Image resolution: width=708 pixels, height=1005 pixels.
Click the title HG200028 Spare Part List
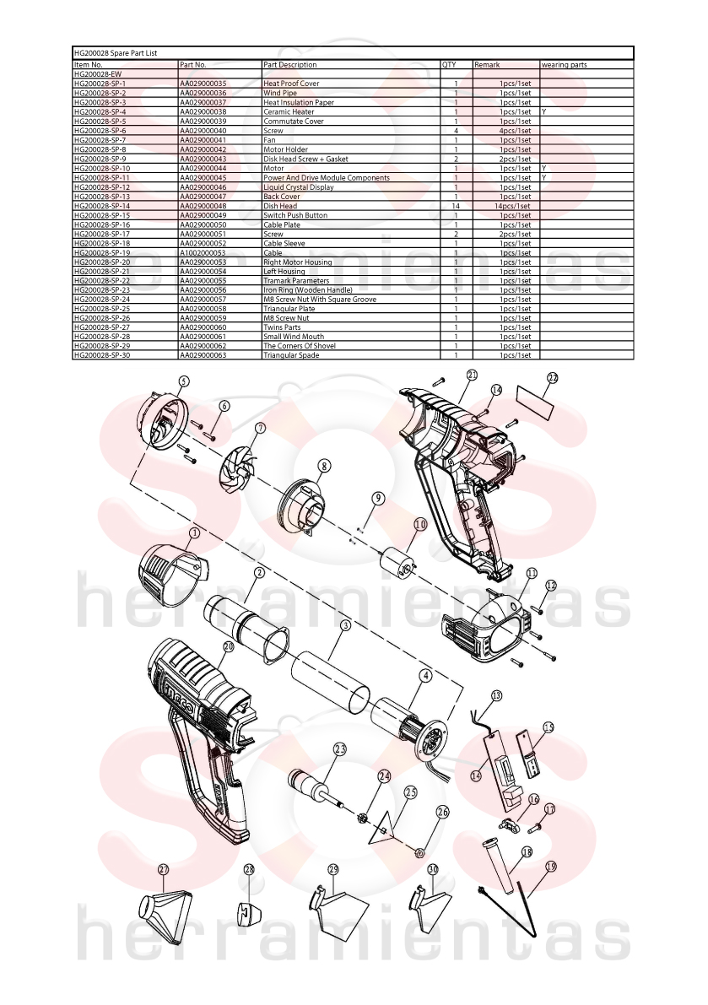coord(116,53)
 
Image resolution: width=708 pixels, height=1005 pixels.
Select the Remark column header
coord(487,65)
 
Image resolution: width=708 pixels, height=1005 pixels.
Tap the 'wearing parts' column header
coord(565,65)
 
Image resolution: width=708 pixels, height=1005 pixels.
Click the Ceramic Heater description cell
coord(289,111)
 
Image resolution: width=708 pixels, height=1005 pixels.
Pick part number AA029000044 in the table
coord(203,168)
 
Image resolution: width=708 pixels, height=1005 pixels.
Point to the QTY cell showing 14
coord(457,206)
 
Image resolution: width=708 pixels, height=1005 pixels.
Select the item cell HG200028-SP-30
coord(102,355)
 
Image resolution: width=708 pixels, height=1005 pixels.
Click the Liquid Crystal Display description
coord(299,187)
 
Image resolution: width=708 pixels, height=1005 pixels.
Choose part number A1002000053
coord(203,252)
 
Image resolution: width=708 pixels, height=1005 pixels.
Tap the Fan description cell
coord(270,140)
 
